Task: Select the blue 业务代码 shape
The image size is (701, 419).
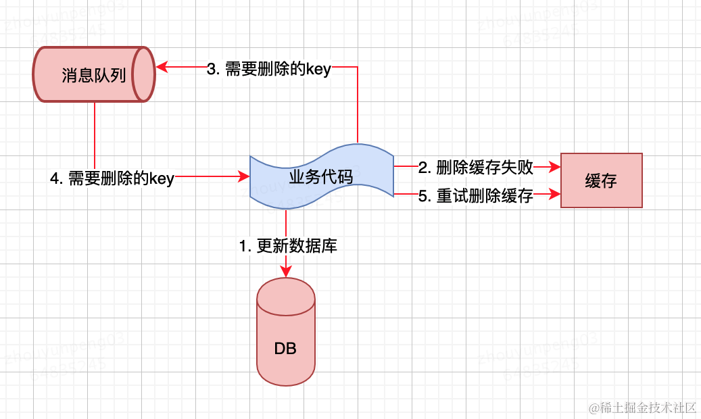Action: click(x=321, y=177)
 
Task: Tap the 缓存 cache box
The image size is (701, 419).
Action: click(x=601, y=180)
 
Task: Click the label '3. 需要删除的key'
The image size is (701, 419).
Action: click(x=268, y=69)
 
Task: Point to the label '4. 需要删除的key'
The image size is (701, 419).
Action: click(x=112, y=179)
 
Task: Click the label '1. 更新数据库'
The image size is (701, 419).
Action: click(x=288, y=247)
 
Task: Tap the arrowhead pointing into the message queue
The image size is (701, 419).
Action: click(x=162, y=67)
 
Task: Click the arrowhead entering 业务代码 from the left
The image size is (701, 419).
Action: click(x=244, y=177)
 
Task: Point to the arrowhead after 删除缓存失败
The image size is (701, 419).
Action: click(x=556, y=166)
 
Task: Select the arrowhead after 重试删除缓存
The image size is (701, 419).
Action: click(x=556, y=195)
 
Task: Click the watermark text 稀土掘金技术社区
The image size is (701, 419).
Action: click(x=642, y=407)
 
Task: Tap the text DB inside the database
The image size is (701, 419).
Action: click(x=285, y=349)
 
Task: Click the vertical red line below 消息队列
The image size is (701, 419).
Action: click(x=95, y=135)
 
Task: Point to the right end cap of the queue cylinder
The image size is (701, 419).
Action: click(x=143, y=74)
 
